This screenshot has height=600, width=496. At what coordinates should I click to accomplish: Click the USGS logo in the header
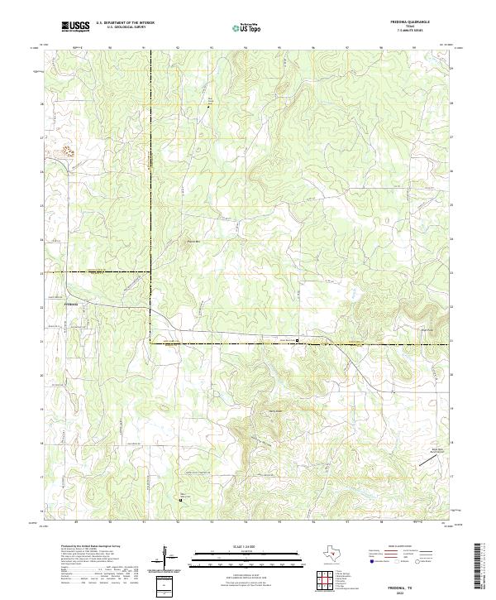tap(75, 26)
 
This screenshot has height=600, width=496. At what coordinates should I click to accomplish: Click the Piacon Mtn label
tap(192, 242)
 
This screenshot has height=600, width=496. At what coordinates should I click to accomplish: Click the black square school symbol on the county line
tap(298, 339)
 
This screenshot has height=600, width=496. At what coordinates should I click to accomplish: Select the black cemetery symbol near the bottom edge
tap(181, 498)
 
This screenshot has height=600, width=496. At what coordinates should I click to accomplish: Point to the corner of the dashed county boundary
tap(150, 341)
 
